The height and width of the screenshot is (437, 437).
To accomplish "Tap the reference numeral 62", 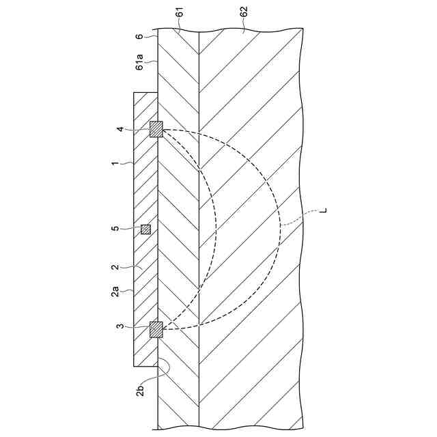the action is (x=244, y=11).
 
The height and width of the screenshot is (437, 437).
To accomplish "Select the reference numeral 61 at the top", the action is (x=178, y=11).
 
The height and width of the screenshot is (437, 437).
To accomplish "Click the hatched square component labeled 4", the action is (x=156, y=129).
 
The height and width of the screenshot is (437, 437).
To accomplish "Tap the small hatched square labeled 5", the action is (x=145, y=229).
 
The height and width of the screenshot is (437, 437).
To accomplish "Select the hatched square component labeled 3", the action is (x=156, y=329).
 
